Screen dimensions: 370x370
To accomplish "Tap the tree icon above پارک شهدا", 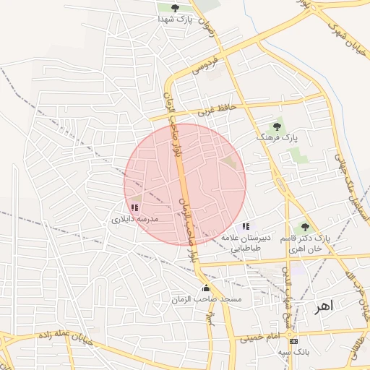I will pos(175,8).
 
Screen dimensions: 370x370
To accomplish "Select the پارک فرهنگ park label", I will pos(277,137).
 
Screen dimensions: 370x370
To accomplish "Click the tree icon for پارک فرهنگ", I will pos(277,126).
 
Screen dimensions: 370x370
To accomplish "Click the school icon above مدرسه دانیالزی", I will pos(134,207).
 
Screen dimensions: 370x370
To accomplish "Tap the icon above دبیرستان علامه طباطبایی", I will pos(246,227).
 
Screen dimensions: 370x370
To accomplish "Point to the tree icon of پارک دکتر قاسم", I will pos(305,227).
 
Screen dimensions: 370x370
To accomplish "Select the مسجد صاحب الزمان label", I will pos(206,298).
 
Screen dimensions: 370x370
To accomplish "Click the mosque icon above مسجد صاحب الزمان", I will pos(206,288).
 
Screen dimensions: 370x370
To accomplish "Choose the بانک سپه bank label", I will pos(293,352).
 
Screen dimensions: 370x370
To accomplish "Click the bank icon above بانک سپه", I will pos(293,341).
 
